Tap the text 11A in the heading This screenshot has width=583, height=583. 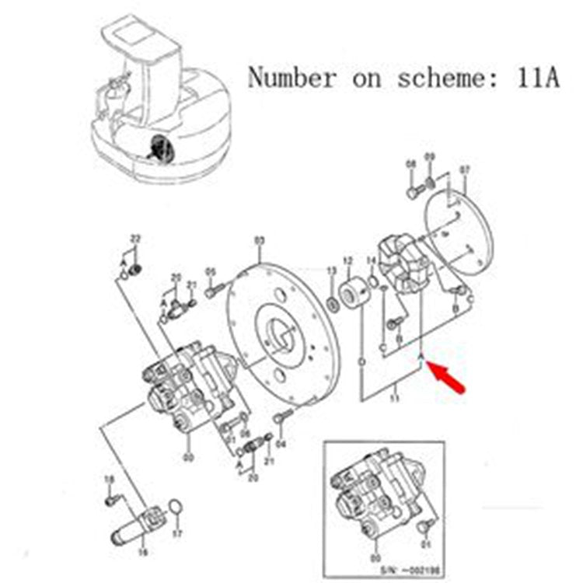pyautogui.click(x=536, y=78)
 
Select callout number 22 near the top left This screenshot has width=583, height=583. pyautogui.click(x=134, y=239)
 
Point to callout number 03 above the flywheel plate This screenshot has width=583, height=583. pyautogui.click(x=260, y=242)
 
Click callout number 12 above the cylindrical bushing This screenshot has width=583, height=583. pyautogui.click(x=347, y=262)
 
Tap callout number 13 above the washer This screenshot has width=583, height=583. pyautogui.click(x=330, y=271)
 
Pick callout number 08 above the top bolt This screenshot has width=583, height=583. pyautogui.click(x=411, y=164)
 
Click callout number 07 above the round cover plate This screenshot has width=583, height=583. pyautogui.click(x=465, y=169)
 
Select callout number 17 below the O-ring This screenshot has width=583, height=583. pyautogui.click(x=176, y=533)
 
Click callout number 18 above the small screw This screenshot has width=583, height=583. pyautogui.click(x=109, y=479)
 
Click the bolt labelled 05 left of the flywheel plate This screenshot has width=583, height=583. pyautogui.click(x=212, y=291)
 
